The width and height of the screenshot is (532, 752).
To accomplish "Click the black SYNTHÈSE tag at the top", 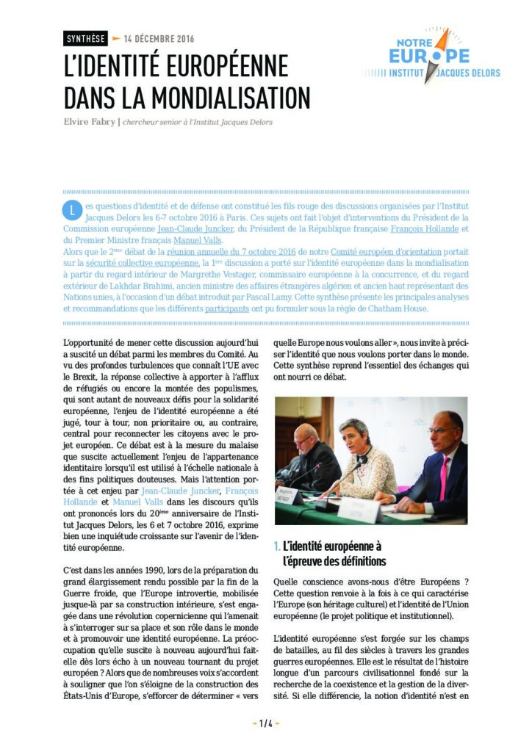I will point(85,39).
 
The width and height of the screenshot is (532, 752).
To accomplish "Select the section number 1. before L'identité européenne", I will point(276,546).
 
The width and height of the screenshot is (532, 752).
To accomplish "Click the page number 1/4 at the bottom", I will point(266,723).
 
